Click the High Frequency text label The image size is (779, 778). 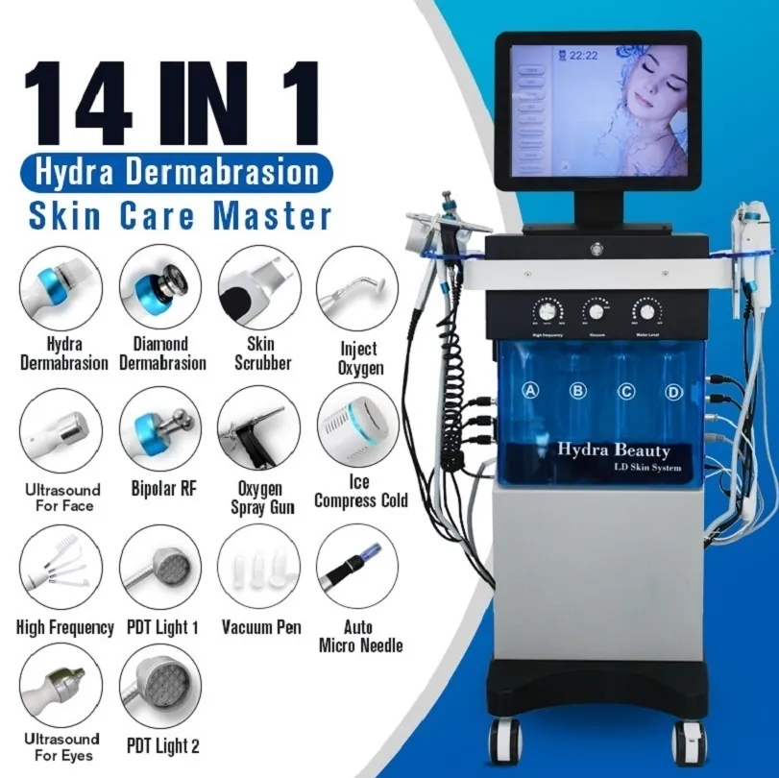point(65,628)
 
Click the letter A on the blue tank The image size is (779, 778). point(529,390)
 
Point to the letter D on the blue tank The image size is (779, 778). point(674,391)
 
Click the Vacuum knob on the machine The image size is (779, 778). point(596,312)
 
